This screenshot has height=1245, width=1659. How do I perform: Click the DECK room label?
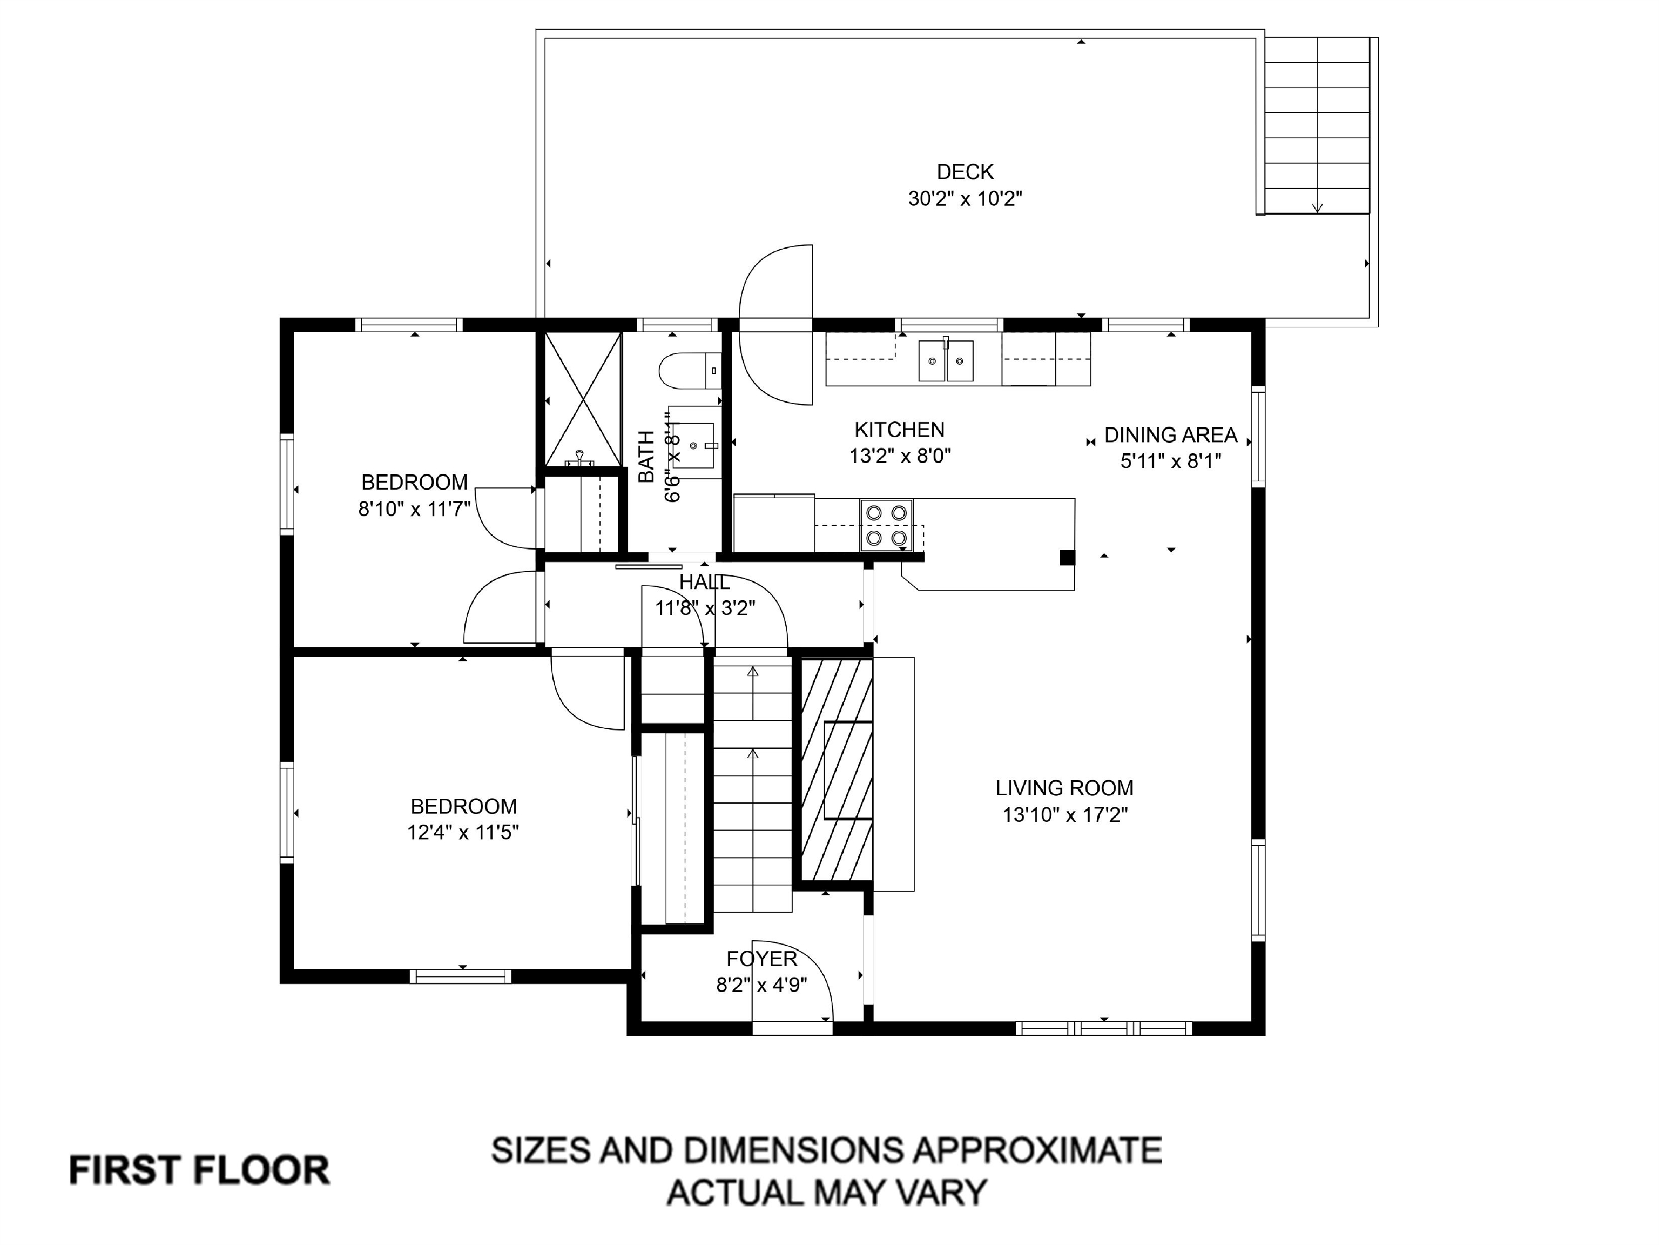pos(965,172)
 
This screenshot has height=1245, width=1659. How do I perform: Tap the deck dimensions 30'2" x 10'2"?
pos(965,199)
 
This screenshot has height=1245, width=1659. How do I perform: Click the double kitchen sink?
pos(947,360)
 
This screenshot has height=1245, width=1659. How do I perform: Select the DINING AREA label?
pos(1171,434)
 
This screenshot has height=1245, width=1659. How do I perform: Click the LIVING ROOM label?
pos(1064,788)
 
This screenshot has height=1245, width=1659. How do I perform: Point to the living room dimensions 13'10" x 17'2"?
pos(1065,815)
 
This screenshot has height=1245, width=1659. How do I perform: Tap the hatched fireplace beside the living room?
pos(836,769)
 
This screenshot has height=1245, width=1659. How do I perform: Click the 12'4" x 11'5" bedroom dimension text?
pos(463,832)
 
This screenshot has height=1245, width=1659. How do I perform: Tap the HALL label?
pos(704,581)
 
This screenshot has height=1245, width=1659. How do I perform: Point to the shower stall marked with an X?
pos(583,399)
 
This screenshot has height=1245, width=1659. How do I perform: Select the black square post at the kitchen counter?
pos(1067,558)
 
